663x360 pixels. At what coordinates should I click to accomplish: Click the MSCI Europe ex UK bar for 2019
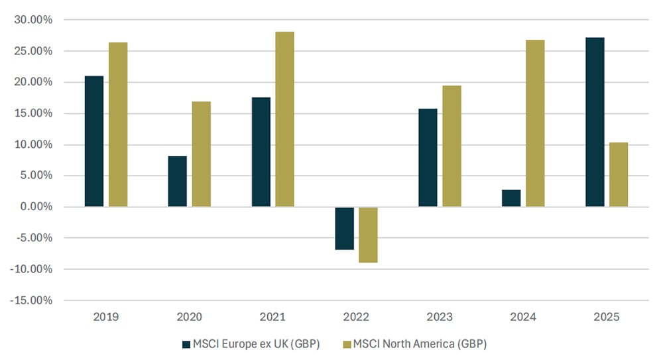[x=94, y=141]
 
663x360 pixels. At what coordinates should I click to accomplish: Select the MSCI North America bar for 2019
[x=118, y=125]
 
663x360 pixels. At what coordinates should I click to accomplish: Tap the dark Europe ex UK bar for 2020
[x=177, y=181]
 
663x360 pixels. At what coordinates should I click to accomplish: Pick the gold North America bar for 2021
[x=284, y=119]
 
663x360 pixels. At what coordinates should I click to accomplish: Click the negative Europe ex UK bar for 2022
[x=344, y=228]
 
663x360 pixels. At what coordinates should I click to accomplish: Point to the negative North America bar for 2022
[x=368, y=235]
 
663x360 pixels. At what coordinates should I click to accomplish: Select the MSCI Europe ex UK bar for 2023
[x=428, y=158]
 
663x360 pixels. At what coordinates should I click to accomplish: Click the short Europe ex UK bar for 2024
[x=511, y=198]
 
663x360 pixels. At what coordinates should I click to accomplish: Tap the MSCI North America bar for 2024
[x=535, y=123]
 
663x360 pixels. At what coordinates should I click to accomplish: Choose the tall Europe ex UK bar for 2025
[x=595, y=122]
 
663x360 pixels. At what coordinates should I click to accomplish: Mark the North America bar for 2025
[x=619, y=174]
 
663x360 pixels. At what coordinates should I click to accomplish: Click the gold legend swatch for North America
[x=345, y=344]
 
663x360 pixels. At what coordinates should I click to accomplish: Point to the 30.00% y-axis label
[x=32, y=20]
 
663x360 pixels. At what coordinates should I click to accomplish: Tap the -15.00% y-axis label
[x=31, y=300]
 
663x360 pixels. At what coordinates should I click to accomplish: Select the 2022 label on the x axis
[x=356, y=316]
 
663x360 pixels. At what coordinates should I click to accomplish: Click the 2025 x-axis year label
[x=607, y=316]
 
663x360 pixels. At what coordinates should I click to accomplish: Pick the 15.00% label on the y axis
[x=32, y=113]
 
